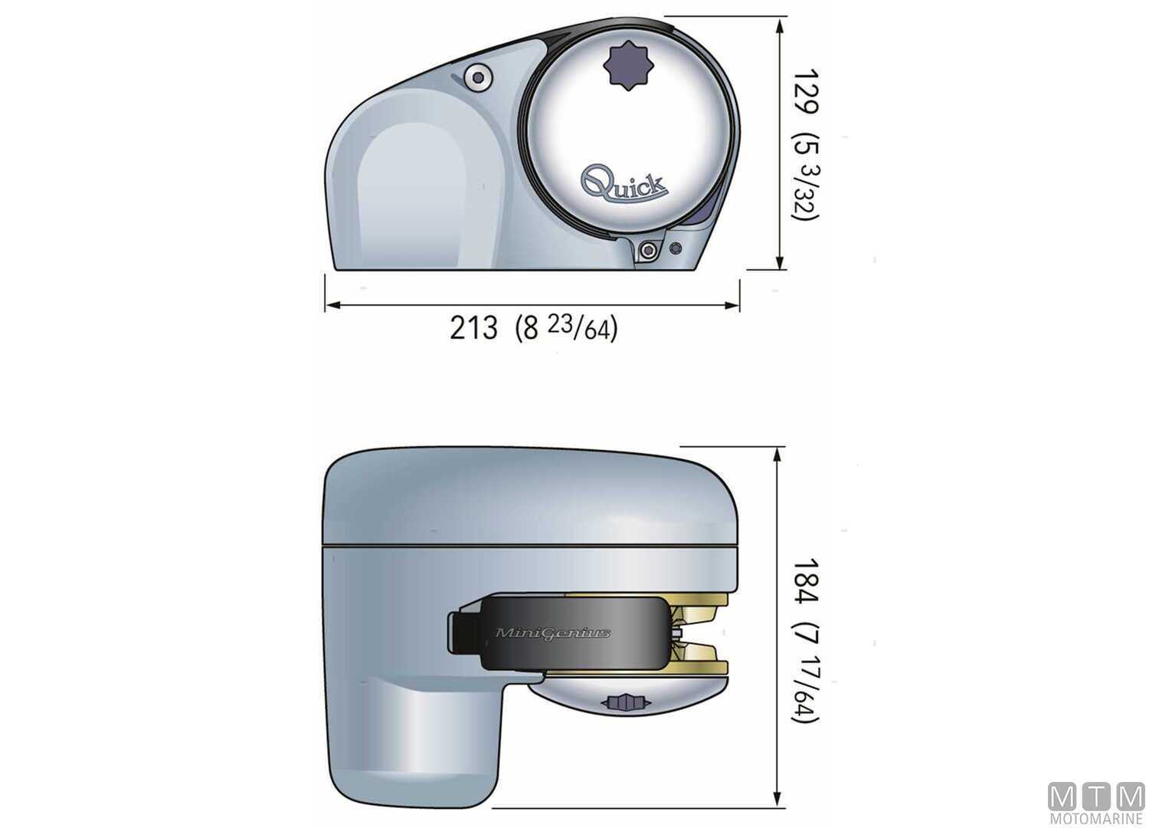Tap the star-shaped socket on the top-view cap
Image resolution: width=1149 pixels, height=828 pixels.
coord(627,67)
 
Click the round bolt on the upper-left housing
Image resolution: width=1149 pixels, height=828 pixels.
coord(479,77)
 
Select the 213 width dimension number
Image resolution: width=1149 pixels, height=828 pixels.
coord(473,328)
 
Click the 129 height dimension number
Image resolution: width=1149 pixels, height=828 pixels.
coord(805,90)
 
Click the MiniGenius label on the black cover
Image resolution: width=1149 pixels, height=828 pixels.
coord(553,633)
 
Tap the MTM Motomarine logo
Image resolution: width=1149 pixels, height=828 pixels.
coord(1095,803)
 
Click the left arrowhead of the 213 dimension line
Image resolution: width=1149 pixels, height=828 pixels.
coord(332,305)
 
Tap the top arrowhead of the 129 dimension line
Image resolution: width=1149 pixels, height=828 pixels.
coord(780,25)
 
